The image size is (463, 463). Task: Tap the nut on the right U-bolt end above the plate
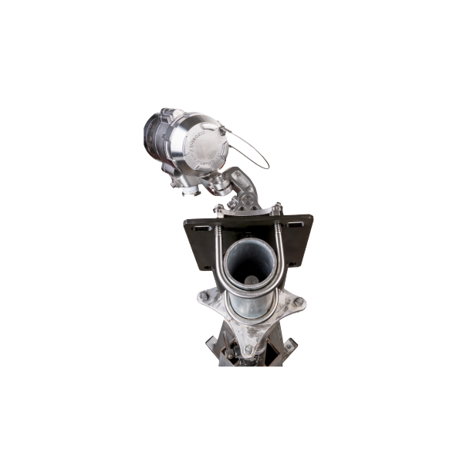click(276, 207)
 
